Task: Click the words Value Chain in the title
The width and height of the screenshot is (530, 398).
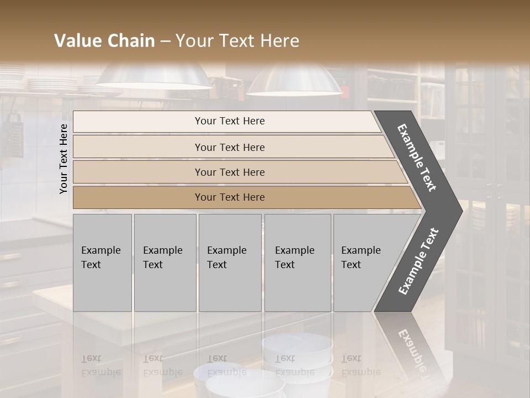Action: tap(104, 41)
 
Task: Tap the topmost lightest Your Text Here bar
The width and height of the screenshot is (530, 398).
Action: tap(230, 121)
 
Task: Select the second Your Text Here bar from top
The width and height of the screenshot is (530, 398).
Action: tap(230, 147)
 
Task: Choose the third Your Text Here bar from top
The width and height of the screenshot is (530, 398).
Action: tap(230, 172)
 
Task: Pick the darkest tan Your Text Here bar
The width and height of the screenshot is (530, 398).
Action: tap(230, 197)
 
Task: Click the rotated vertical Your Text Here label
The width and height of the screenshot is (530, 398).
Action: tap(63, 159)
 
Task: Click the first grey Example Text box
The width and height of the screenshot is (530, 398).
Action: tap(102, 262)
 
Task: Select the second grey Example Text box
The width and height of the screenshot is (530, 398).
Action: tap(165, 262)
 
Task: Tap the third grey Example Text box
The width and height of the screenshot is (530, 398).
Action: tap(229, 262)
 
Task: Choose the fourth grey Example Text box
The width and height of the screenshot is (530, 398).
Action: tap(297, 262)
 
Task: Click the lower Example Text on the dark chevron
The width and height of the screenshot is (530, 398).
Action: tap(418, 261)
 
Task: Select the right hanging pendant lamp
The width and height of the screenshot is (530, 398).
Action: tap(294, 81)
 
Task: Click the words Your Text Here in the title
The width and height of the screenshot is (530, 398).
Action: tap(237, 41)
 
